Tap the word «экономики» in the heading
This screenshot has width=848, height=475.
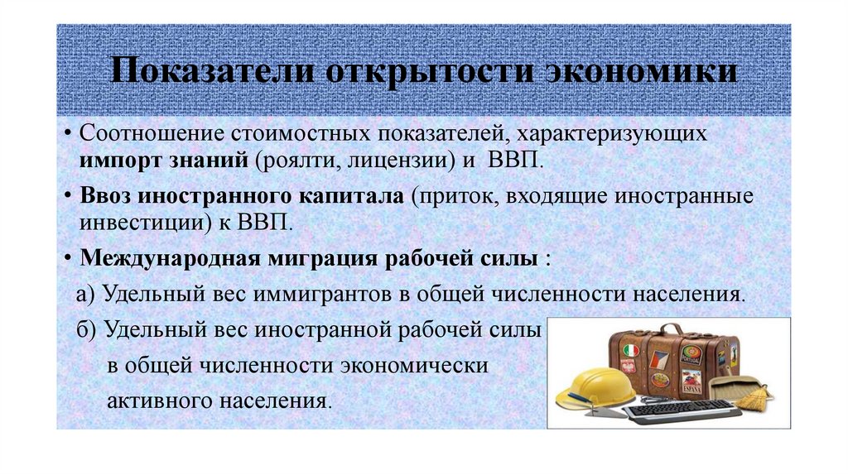tap(642, 70)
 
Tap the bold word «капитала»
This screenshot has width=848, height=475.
tap(340, 198)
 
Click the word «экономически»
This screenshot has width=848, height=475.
tap(431, 365)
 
